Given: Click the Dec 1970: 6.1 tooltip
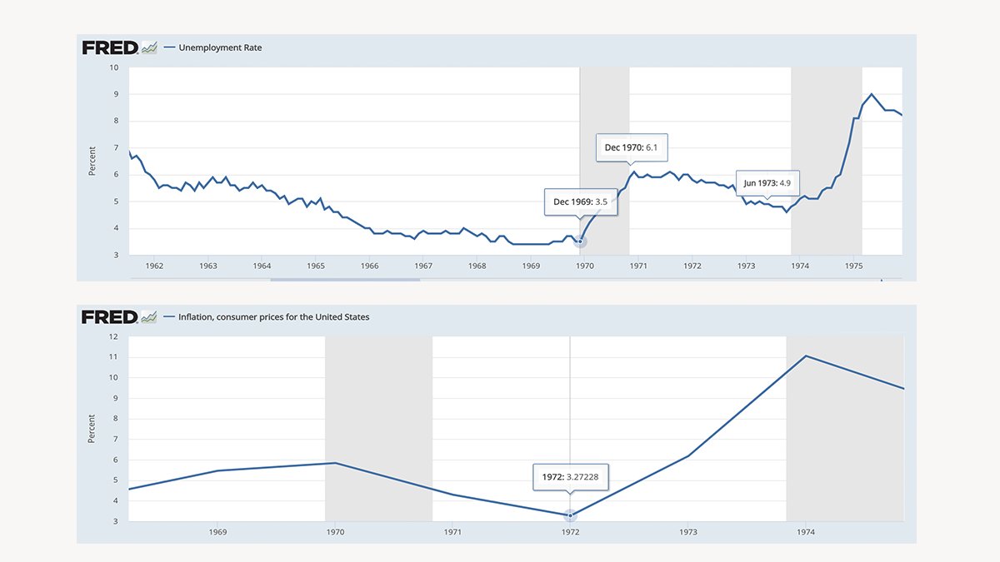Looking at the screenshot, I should [x=631, y=147].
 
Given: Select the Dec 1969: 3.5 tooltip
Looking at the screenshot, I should [x=580, y=201].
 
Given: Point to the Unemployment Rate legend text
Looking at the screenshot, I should [x=220, y=47].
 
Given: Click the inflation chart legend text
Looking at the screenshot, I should [x=273, y=317].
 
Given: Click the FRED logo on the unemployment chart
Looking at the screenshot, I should [x=109, y=47].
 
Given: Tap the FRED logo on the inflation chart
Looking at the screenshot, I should [x=109, y=317].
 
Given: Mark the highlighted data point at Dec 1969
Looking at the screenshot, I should [x=581, y=241].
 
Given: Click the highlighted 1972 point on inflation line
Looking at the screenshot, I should [x=570, y=516].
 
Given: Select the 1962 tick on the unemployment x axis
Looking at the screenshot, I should [x=154, y=266].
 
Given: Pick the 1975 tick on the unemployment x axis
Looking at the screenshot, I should [x=853, y=266].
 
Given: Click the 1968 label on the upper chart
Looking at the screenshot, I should [x=477, y=266].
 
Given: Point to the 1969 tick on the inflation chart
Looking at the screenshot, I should [x=217, y=531].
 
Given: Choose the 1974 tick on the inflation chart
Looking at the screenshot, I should [x=806, y=531].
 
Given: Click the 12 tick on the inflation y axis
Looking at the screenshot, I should [x=113, y=336].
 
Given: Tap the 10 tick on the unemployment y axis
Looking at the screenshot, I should [x=114, y=67].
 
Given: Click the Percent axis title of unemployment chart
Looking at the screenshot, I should [x=92, y=161].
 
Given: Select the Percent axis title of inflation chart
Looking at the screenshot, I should [x=92, y=428].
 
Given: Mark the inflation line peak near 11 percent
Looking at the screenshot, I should [x=806, y=356].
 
